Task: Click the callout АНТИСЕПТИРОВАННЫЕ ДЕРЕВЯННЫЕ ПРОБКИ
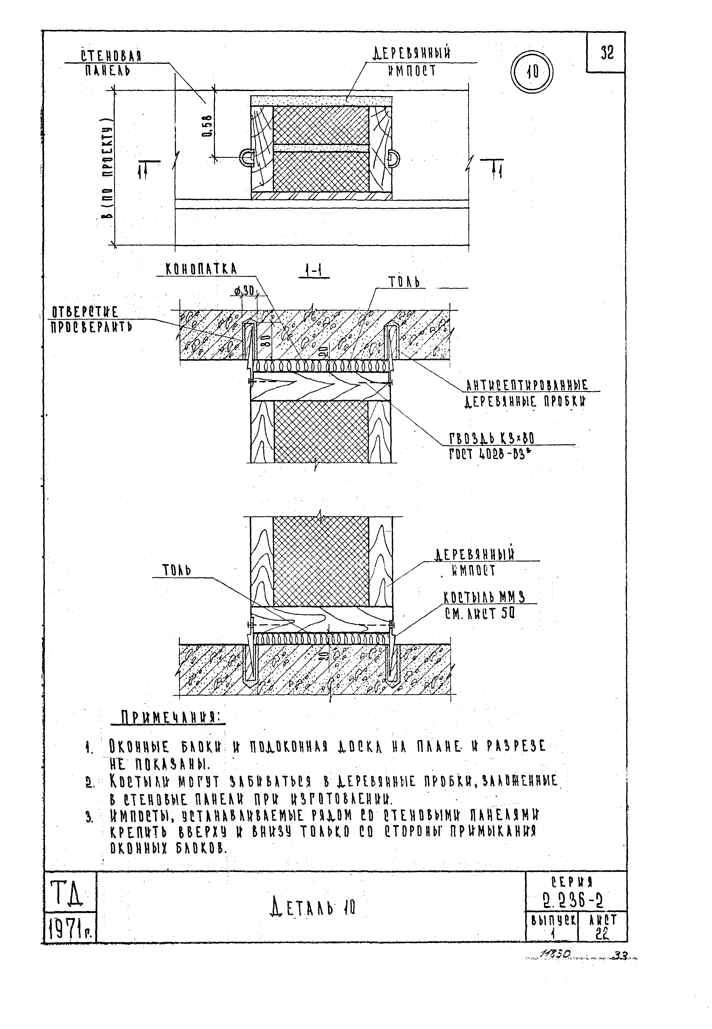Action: tap(526, 393)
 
